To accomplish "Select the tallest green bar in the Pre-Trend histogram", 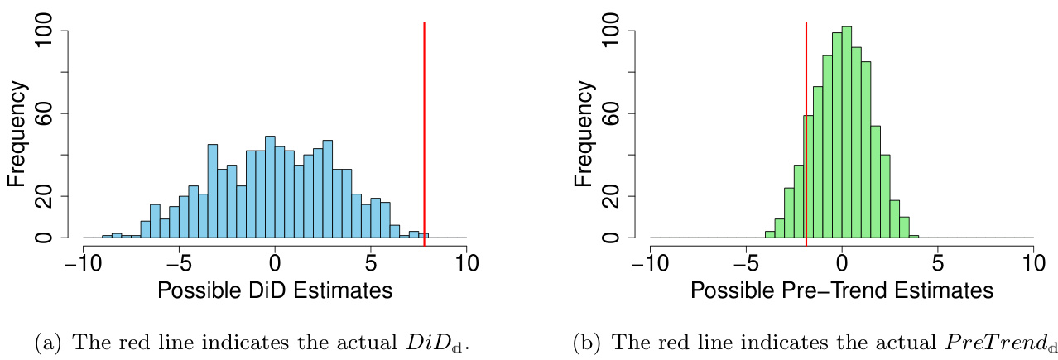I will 846,132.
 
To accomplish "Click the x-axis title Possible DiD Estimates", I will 274,291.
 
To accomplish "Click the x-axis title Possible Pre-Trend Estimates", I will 841,291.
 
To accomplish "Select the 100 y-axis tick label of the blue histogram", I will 51,31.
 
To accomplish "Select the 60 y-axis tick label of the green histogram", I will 618,113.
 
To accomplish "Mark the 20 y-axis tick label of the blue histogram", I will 51,197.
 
